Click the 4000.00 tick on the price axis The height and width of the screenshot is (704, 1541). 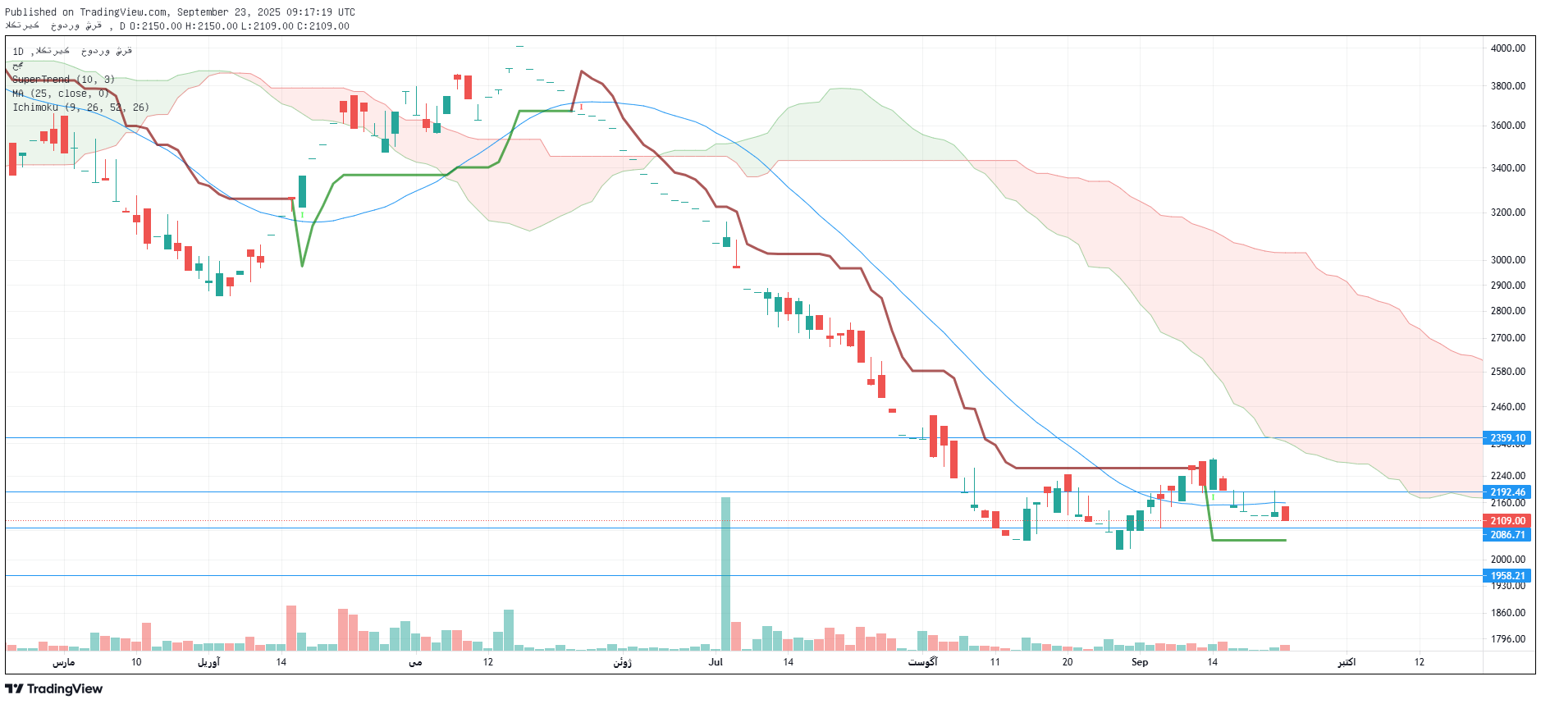pos(1507,48)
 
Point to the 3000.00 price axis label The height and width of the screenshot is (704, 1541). pos(1507,260)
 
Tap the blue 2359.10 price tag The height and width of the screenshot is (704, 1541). pos(1507,438)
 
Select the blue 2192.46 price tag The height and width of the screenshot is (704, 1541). pos(1507,492)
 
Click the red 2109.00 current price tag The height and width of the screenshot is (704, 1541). pos(1507,521)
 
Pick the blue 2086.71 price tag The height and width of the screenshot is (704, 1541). pos(1507,535)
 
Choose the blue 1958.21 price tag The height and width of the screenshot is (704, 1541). pos(1507,576)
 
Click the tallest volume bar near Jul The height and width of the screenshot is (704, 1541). pos(725,574)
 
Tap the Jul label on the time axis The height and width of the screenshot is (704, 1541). pos(716,662)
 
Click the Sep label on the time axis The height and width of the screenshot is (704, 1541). pos(1140,662)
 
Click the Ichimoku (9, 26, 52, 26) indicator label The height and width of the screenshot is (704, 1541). pos(80,107)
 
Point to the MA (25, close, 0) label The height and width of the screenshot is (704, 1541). pos(61,94)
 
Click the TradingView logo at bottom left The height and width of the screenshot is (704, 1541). pos(54,688)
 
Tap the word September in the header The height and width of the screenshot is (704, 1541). pos(203,12)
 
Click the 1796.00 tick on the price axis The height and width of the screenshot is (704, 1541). pos(1507,639)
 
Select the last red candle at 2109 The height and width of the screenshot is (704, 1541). pos(1285,514)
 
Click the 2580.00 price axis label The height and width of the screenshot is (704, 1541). pos(1507,372)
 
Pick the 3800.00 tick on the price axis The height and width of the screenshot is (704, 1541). pos(1507,86)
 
